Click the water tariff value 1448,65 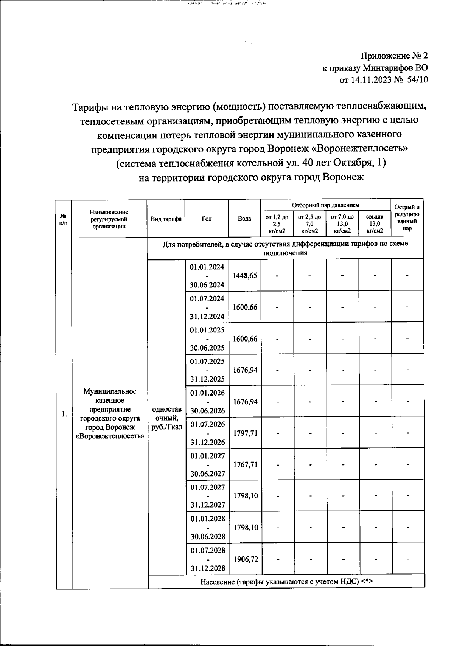tap(245, 276)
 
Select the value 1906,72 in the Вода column tap(246, 559)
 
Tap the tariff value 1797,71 tap(245, 433)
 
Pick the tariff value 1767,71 tap(245, 464)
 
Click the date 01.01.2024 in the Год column tap(207, 267)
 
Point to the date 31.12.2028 tap(208, 568)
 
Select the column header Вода tap(244, 219)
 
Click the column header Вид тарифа tap(166, 219)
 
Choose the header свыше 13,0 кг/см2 tap(375, 224)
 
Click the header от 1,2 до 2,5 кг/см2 tap(277, 224)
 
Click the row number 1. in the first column tap(64, 414)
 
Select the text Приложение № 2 tap(394, 56)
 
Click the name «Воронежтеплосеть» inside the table tap(110, 436)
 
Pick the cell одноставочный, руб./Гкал tap(166, 418)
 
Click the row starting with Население tap(286, 582)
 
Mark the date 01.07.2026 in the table tap(208, 424)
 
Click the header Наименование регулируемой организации tap(109, 219)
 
